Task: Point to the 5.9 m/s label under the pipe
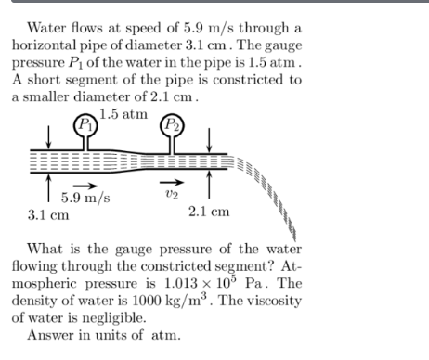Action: coord(83,197)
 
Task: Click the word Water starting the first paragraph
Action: coord(48,28)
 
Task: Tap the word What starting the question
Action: coord(49,249)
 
